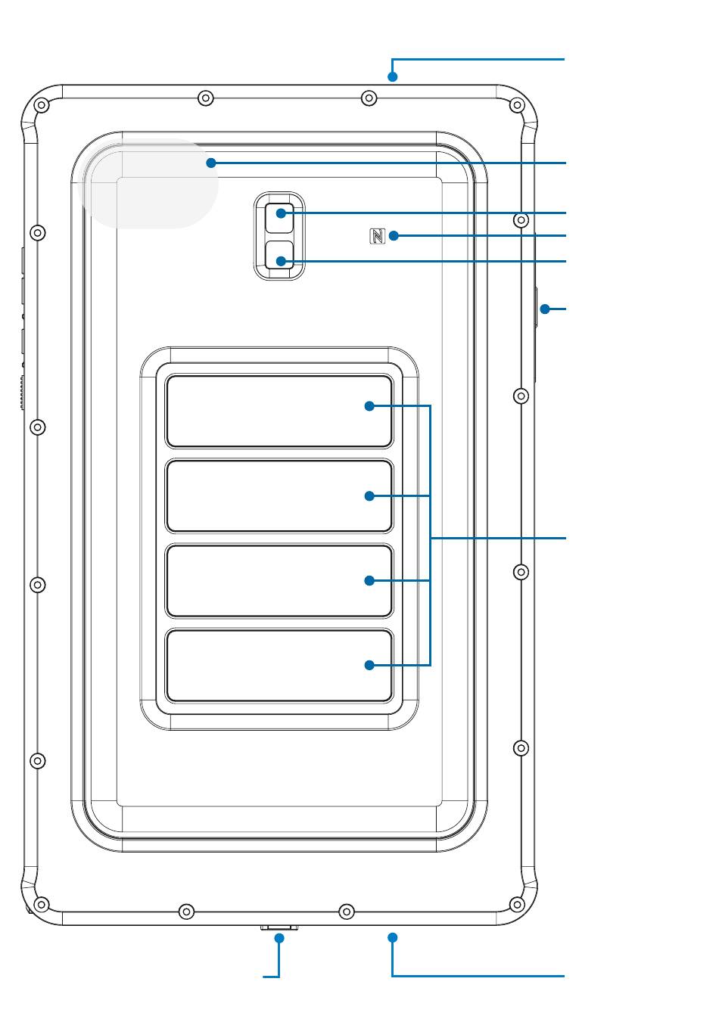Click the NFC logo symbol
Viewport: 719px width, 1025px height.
(377, 237)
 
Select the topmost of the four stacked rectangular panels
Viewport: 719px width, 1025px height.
(279, 412)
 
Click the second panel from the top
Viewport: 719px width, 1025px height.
(279, 496)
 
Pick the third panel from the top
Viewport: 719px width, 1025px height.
(279, 581)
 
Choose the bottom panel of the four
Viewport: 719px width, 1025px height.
(279, 666)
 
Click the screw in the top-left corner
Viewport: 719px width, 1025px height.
(42, 104)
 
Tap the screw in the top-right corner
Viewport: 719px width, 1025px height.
(517, 104)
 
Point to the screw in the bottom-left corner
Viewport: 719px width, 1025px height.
(42, 904)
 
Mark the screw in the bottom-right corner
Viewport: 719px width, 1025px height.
(517, 904)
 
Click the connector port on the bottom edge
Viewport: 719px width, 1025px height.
(279, 927)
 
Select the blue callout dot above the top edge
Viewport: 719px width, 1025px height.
(392, 76)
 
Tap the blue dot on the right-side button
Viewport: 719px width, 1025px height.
(544, 309)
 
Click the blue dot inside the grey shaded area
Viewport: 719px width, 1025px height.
(211, 163)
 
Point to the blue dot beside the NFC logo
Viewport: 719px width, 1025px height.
(393, 237)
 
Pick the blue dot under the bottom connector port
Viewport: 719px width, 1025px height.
(279, 938)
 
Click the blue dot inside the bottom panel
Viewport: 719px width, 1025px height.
(369, 666)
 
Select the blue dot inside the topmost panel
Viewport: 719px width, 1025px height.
(369, 406)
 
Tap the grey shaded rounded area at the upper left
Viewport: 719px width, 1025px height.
(151, 185)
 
